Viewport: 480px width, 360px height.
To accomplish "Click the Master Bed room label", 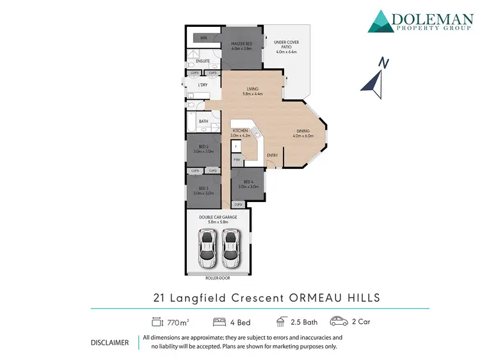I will pyautogui.click(x=242, y=43).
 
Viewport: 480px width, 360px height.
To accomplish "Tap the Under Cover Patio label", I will pyautogui.click(x=286, y=43).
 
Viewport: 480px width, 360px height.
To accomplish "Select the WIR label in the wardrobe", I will pyautogui.click(x=204, y=38).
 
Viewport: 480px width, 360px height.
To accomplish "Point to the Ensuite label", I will pyautogui.click(x=204, y=61).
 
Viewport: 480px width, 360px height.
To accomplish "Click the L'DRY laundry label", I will pyautogui.click(x=203, y=85).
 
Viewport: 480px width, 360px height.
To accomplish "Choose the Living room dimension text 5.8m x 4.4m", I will pyautogui.click(x=253, y=94).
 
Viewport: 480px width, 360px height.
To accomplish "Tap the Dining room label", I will pyautogui.click(x=302, y=131).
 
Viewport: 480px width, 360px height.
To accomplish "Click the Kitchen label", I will pyautogui.click(x=239, y=130).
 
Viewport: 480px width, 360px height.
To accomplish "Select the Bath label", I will pyautogui.click(x=204, y=121).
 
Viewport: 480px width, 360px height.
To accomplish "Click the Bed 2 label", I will pyautogui.click(x=204, y=146).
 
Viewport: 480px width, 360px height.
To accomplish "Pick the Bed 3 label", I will pyautogui.click(x=204, y=188).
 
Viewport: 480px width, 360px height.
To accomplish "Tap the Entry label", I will pyautogui.click(x=272, y=155).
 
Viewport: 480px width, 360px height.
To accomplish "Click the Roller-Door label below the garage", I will pyautogui.click(x=218, y=278).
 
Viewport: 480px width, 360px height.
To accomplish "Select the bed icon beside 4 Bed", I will pyautogui.click(x=218, y=322).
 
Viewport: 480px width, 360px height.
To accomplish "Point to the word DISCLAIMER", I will pyautogui.click(x=110, y=342).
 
